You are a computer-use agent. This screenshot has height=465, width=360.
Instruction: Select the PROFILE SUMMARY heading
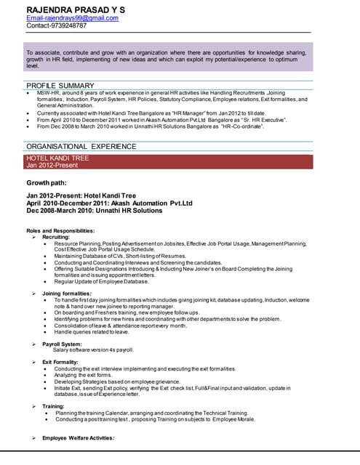60,86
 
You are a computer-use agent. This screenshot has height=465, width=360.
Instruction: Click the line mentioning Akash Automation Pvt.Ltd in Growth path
109,203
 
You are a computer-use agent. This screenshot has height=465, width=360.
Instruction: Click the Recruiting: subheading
56,237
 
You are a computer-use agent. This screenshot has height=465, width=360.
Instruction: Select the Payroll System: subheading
62,344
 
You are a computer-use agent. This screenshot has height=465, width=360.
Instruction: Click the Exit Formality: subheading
61,362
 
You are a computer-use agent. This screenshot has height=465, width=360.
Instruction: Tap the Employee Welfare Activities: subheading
78,438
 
